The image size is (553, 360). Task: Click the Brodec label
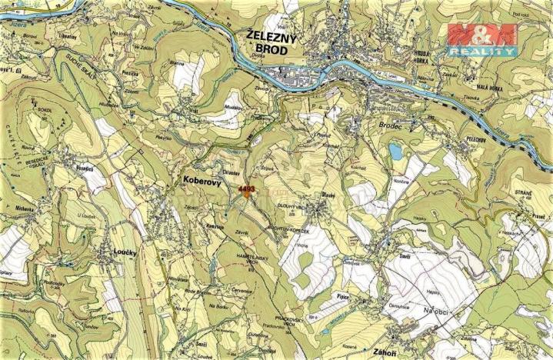point(391,123)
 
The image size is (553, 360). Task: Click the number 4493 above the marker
point(246,186)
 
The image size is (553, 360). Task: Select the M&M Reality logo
point(482,39)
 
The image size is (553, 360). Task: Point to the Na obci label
point(435,308)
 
